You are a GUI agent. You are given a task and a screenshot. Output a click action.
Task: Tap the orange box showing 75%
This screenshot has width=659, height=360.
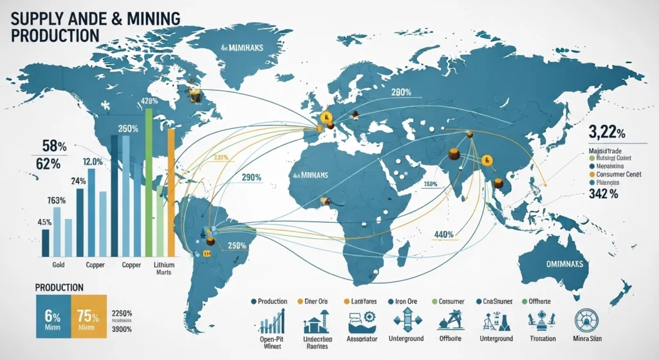89,317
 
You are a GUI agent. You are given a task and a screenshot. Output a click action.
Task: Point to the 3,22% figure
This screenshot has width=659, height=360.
608,134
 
